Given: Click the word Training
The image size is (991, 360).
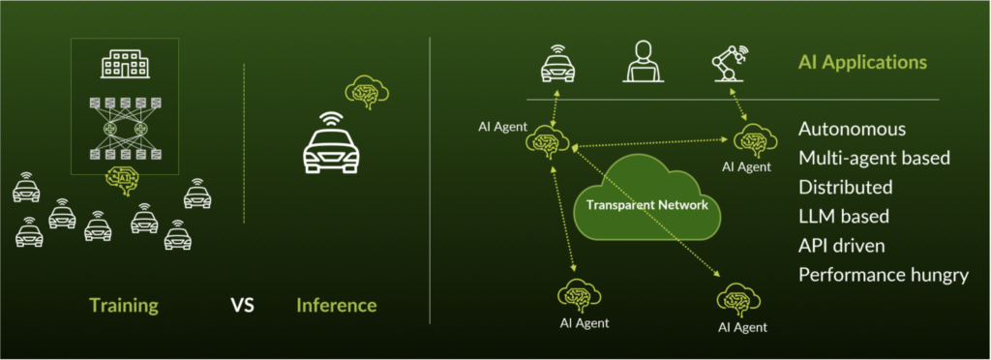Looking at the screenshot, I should [123, 306].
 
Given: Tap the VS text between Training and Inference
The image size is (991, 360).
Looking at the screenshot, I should [243, 306].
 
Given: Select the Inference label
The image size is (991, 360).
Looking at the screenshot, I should [336, 306].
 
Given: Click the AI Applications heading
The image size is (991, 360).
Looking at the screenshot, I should [862, 63].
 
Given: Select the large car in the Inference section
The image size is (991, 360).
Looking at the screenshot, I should [332, 147].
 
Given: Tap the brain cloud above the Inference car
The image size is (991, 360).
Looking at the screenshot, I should [367, 93].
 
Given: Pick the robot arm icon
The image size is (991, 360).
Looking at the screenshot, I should [729, 64].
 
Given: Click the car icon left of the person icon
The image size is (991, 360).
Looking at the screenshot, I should [557, 66].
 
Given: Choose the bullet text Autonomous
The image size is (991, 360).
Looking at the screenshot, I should [853, 129].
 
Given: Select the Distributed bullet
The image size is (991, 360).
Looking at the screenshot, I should [846, 187].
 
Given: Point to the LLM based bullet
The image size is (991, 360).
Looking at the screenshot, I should [844, 216].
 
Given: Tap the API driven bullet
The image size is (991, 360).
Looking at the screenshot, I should [843, 245].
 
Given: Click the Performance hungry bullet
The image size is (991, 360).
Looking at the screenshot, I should [884, 275].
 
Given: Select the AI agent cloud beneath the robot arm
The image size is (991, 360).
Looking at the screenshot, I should [751, 140].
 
